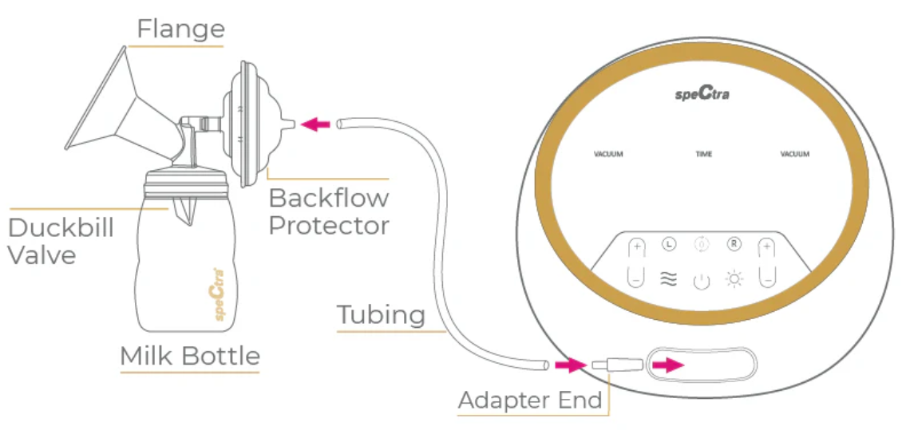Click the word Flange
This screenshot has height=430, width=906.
180,29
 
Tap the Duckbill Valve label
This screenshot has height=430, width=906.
61,241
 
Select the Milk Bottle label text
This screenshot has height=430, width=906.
190,356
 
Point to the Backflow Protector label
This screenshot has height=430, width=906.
328,211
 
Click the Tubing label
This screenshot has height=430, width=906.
381,315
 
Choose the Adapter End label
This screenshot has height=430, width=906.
529,400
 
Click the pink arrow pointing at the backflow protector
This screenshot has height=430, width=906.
319,124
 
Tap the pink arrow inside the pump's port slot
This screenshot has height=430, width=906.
668,365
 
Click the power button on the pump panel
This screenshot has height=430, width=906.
700,280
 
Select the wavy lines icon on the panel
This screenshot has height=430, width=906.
668,279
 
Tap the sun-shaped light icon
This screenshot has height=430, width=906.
734,279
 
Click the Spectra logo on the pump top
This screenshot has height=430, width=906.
702,94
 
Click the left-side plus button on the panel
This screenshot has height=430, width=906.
636,247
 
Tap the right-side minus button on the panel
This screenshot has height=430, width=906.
767,278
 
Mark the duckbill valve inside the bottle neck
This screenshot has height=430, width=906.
186,209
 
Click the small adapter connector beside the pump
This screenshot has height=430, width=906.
616,365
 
